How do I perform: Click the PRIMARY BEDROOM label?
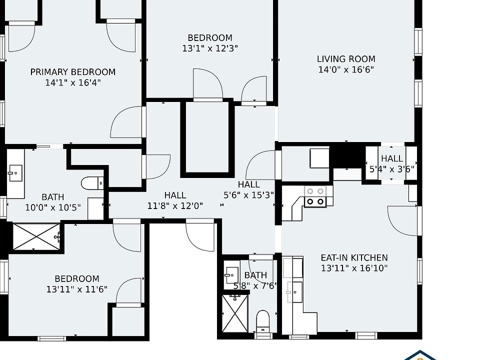73,72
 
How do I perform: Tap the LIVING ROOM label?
346,59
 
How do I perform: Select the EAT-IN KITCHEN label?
354,258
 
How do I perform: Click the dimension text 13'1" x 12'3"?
210,48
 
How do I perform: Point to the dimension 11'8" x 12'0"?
175,205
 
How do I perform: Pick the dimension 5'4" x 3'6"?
392,169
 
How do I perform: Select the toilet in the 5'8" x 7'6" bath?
262,321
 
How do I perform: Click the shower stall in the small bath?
235,313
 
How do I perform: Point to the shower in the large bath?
36,236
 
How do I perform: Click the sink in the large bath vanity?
15,173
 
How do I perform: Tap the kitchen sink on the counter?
294,292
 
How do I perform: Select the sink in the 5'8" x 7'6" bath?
231,275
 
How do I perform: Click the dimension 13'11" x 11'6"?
77,289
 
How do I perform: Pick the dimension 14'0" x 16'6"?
346,69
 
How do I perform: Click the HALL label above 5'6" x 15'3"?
249,184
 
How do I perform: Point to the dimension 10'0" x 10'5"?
52,207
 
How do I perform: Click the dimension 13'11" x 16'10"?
354,268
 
